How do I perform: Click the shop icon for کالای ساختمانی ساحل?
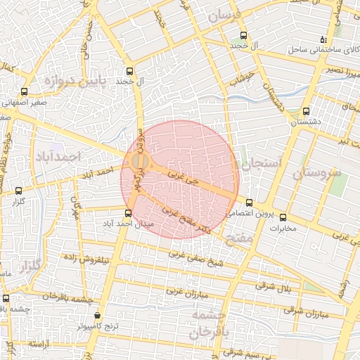323,39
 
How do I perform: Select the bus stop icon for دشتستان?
305,111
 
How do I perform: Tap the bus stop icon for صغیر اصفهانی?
25,91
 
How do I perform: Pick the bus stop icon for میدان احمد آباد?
128,213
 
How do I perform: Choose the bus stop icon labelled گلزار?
18,190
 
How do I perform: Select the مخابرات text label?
283,228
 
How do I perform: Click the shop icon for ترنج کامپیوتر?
97,316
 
